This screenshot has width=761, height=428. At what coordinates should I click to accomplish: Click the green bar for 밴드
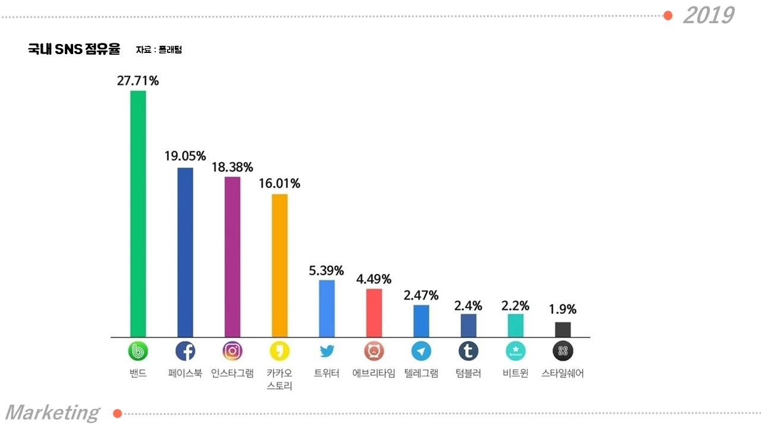click(138, 214)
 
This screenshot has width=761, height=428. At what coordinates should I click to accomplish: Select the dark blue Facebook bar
click(185, 253)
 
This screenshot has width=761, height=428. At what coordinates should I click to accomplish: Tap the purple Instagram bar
click(232, 257)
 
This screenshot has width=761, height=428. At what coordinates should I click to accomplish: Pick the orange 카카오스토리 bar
click(279, 266)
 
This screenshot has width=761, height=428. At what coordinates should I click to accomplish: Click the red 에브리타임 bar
click(374, 313)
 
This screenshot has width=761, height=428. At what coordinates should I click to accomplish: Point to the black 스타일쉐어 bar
click(562, 329)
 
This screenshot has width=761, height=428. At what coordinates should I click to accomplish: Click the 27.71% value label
click(138, 81)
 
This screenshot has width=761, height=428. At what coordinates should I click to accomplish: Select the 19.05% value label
click(185, 156)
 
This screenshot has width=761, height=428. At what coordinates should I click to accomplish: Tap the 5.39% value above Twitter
click(326, 270)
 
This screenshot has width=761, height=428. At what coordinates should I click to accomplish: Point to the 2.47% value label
click(421, 295)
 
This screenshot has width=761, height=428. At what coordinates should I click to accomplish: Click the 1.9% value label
click(562, 310)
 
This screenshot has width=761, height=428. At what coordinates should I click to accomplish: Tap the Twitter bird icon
click(327, 351)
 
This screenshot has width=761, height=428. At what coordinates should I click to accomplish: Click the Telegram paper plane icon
click(421, 351)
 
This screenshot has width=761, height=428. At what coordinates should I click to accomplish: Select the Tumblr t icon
click(468, 351)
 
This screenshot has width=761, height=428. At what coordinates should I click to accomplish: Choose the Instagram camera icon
click(232, 351)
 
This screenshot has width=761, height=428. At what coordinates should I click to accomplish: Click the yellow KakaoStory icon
click(279, 351)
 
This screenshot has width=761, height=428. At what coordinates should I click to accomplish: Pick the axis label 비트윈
click(515, 374)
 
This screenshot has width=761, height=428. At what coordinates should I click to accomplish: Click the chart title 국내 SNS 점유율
click(74, 49)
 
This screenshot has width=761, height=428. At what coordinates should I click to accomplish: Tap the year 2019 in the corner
click(708, 15)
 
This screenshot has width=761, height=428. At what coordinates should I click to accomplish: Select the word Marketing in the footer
click(52, 413)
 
